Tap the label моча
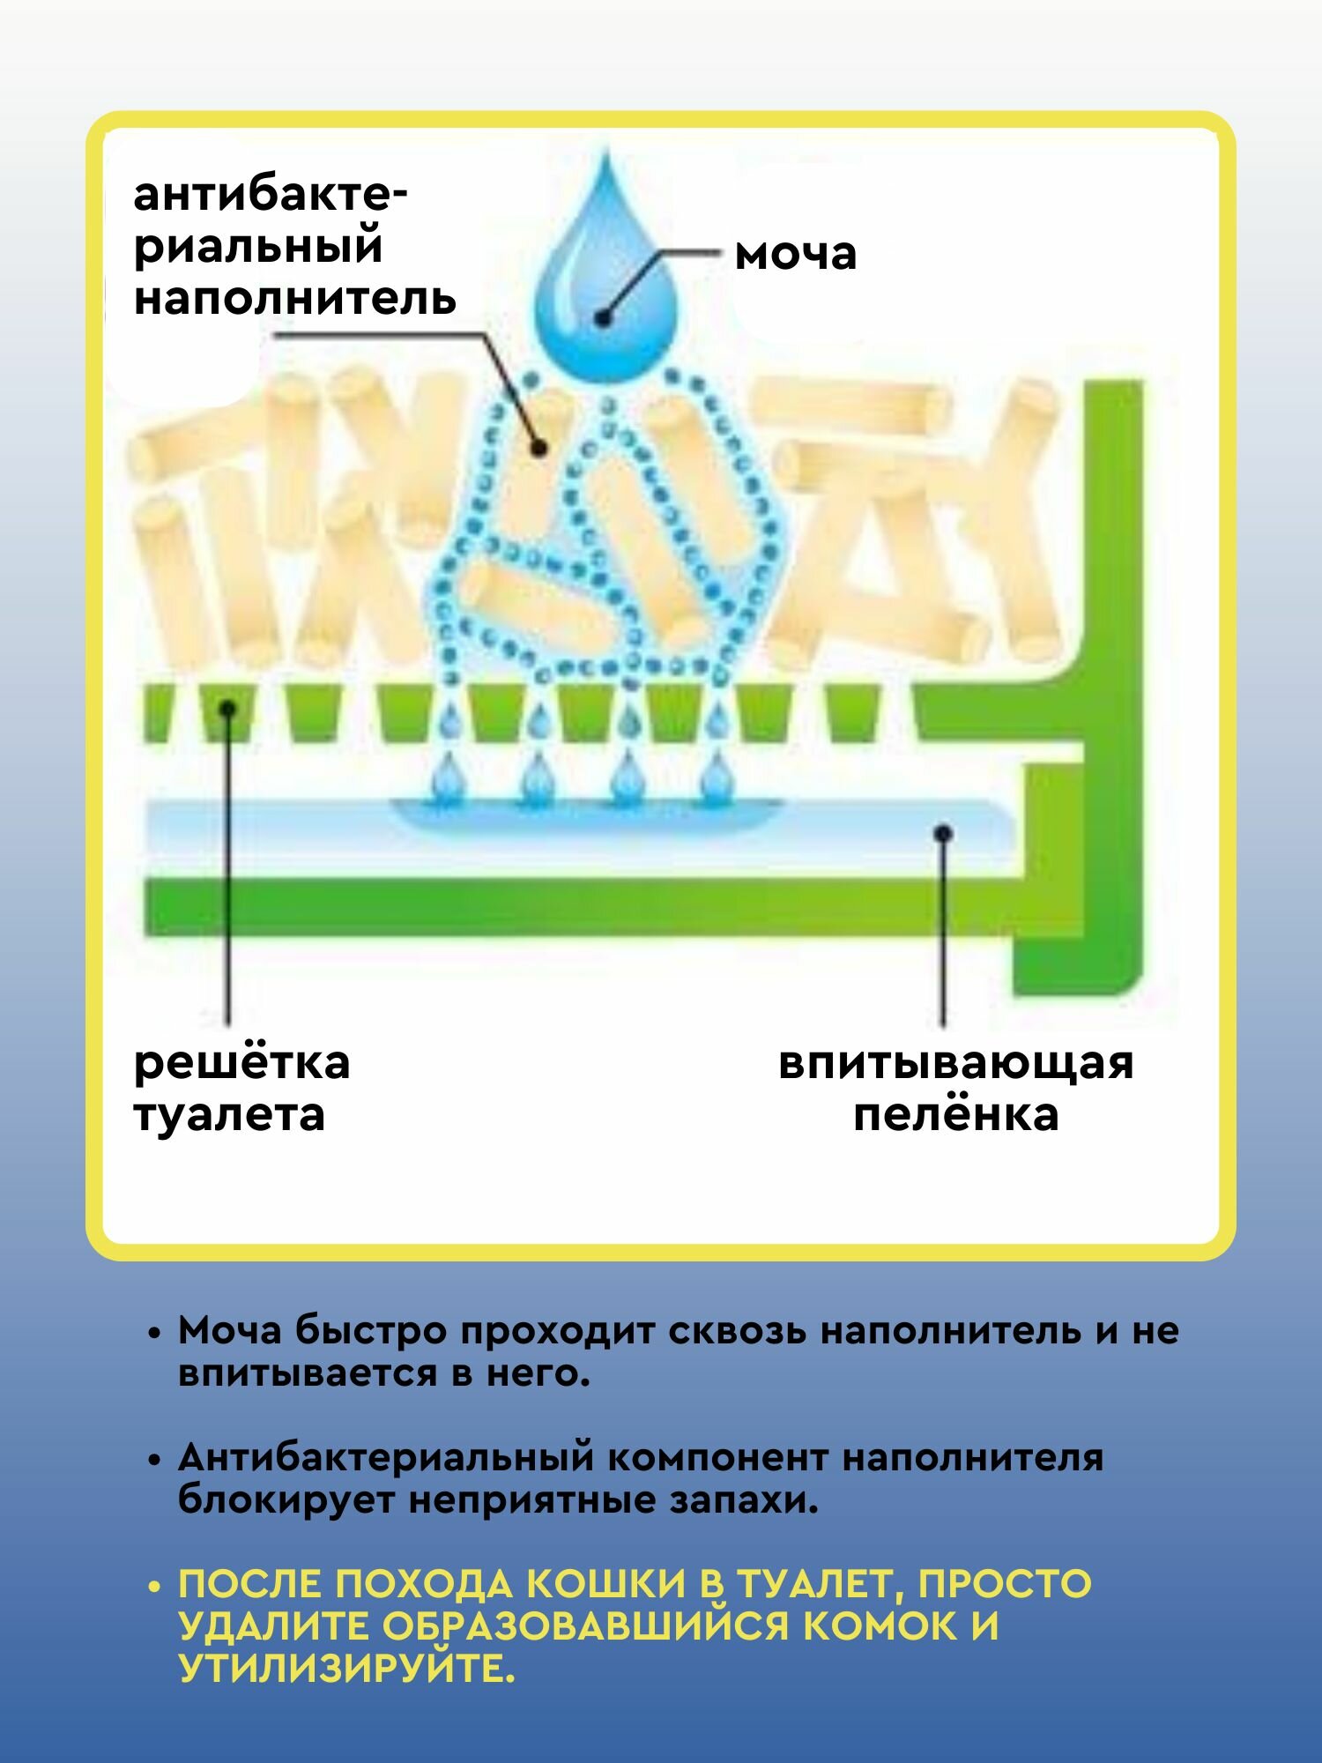[795, 254]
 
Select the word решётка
[241, 1062]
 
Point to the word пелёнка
[955, 1114]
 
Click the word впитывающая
[955, 1063]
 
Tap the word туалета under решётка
[229, 1115]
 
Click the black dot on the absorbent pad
[943, 832]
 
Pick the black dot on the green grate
[227, 708]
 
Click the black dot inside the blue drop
[604, 317]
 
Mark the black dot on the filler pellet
[539, 449]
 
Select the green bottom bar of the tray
[573, 907]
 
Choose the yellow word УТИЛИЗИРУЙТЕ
[345, 1669]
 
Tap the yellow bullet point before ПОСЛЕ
[155, 1587]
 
